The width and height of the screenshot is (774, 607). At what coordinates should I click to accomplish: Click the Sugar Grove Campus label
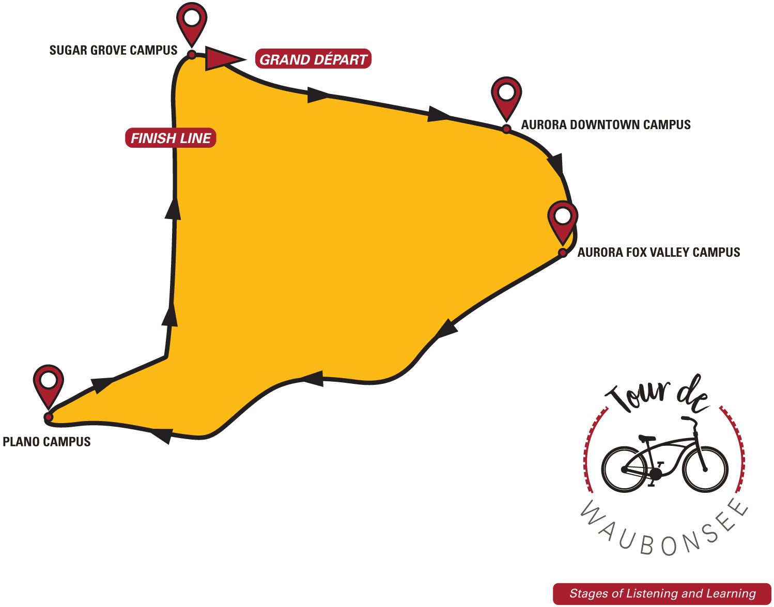click(113, 50)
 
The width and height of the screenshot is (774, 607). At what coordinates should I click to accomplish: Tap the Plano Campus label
click(47, 442)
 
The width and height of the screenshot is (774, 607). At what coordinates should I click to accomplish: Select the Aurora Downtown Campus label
click(606, 124)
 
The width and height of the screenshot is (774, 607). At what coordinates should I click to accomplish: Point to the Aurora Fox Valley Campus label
click(658, 252)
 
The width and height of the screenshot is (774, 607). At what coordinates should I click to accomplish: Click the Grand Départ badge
click(313, 59)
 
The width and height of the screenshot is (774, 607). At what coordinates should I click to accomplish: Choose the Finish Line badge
click(171, 138)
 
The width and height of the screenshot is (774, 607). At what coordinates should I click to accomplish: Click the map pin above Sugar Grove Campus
click(192, 21)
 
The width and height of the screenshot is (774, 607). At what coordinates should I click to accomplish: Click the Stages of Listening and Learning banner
click(662, 594)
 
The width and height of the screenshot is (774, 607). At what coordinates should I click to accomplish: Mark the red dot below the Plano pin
click(49, 416)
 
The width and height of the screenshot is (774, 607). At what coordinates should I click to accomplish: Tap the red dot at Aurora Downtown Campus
click(506, 129)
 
